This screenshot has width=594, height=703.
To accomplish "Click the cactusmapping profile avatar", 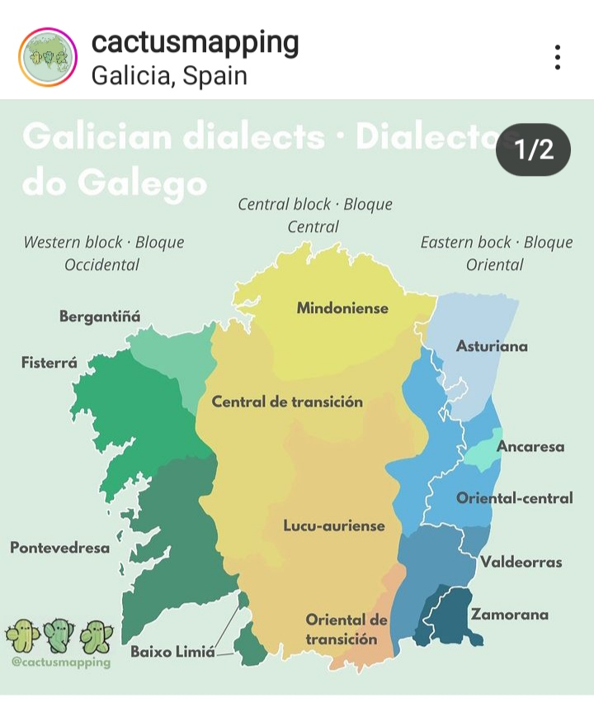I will pos(47,58).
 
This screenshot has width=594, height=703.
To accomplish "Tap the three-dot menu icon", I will pos(558,57).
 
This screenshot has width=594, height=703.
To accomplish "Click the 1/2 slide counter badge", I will pos(533,150).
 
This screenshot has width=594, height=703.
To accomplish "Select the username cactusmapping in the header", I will pos(195,41).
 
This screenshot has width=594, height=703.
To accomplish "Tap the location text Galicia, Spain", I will pos(169,76).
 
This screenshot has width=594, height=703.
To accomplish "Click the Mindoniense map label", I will pos(342,308).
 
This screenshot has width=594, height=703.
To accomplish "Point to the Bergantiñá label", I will pos(100,316).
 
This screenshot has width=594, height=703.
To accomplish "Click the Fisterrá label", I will pos(49,363).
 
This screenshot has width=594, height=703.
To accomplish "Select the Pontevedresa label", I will pos(59,547).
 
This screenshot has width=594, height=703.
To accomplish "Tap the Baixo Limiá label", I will pos(172,653).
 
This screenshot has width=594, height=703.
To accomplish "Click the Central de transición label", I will pos(287,402).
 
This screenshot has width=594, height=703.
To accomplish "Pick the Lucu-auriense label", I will pos(334,525).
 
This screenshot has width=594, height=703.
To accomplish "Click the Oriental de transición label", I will pos(346,629).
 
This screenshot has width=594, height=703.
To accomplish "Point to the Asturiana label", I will pos(492,346).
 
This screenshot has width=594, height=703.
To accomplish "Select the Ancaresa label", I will pos(530,447).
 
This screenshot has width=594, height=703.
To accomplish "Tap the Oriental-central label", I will pos(514,498).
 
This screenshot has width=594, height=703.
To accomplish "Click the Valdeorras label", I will pos(521,563).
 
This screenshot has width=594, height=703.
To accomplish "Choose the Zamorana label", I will pos(509,615).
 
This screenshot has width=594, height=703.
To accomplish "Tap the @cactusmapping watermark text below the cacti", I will pos(61,662).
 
